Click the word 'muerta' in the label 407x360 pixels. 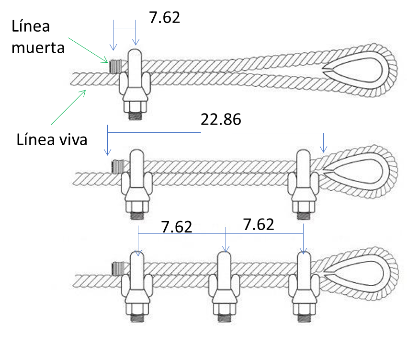click(x=38, y=48)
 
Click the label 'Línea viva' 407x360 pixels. click(x=52, y=139)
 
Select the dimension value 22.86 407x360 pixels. click(x=221, y=119)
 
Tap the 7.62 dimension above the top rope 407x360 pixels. click(x=164, y=17)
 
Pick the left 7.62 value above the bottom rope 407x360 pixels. click(x=177, y=227)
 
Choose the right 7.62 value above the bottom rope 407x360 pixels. click(x=259, y=224)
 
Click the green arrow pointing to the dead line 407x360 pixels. click(x=88, y=50)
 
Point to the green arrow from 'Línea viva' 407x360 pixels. click(x=68, y=107)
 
